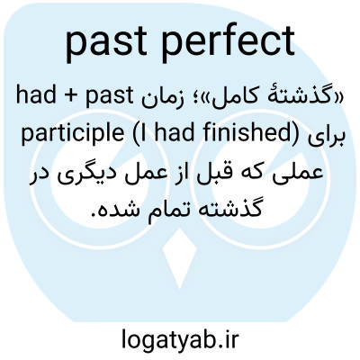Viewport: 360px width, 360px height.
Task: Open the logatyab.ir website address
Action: coord(180,339)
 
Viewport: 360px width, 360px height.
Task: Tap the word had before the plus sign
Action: coord(37,95)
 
